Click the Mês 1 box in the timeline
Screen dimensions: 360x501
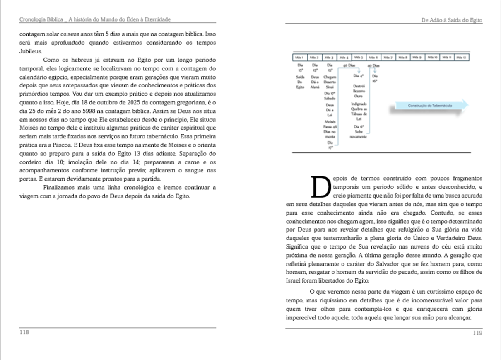(x=300, y=57)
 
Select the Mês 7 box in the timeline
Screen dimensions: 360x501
(x=388, y=57)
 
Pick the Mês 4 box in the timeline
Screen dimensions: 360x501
(x=344, y=57)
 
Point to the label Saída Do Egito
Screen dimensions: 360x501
(x=300, y=82)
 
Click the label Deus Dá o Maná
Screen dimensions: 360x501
(x=315, y=82)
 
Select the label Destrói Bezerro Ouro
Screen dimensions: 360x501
(x=359, y=91)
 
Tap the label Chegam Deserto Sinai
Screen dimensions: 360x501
(x=330, y=82)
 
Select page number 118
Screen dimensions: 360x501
(x=24, y=332)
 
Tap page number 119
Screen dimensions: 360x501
(x=477, y=332)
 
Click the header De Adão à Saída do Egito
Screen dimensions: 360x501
(x=451, y=20)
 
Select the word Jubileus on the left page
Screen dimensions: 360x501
(x=30, y=51)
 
